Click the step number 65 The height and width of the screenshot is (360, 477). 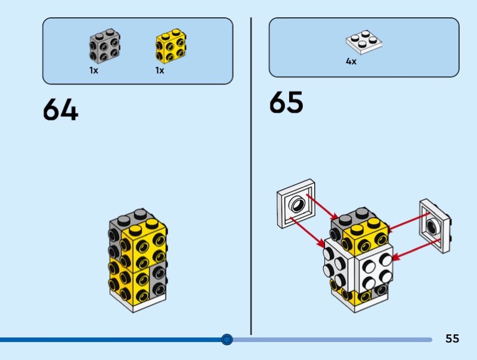[x=286, y=103]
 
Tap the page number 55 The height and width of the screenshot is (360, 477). [x=452, y=339]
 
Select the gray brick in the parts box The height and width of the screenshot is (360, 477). [x=104, y=46]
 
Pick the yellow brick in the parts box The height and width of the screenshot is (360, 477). [x=171, y=46]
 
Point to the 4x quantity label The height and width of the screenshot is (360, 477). [x=351, y=61]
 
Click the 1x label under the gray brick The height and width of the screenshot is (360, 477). [x=94, y=70]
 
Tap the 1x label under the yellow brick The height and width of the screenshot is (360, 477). [x=160, y=70]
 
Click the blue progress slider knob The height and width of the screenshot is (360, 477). [x=227, y=340]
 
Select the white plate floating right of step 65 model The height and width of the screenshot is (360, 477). [x=433, y=225]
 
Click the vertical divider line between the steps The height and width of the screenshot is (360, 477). [x=251, y=179]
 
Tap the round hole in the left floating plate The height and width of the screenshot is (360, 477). [x=296, y=206]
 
